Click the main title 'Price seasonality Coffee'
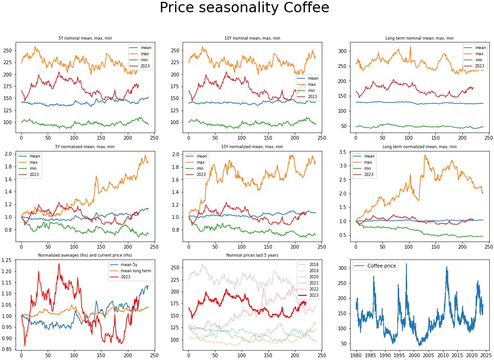[x=244, y=8]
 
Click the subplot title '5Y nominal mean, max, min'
[x=85, y=38]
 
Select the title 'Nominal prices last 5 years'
[x=253, y=255]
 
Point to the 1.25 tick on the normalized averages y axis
[x=8, y=260]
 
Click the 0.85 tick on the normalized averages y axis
[x=8, y=349]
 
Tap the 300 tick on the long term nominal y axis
[x=343, y=51]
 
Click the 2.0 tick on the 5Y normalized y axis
[x=10, y=154]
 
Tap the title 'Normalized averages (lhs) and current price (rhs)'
[x=85, y=255]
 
